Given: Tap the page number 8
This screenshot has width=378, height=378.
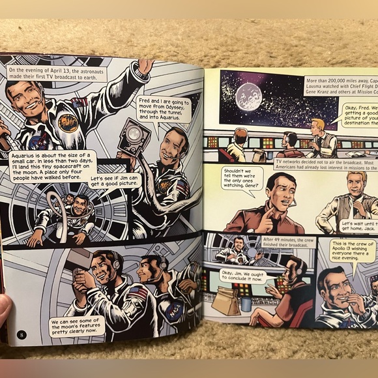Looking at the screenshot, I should point(22,335).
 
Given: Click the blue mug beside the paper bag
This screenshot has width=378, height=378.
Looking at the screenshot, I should point(246,303).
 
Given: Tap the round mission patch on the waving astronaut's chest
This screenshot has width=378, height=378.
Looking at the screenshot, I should point(67,121).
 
